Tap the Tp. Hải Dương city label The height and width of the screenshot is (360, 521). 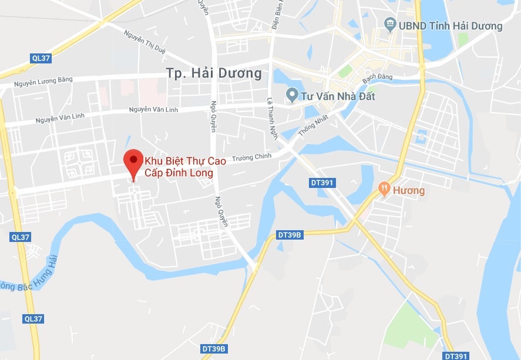click(x=213, y=73)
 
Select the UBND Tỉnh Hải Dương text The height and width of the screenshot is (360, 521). click(x=451, y=25)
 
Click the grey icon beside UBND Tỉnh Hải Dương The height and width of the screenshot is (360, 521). click(x=390, y=25)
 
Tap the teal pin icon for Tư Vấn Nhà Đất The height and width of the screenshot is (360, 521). click(x=291, y=95)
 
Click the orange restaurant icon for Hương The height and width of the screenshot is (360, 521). click(x=384, y=189)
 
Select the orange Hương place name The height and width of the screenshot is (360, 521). click(x=410, y=190)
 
